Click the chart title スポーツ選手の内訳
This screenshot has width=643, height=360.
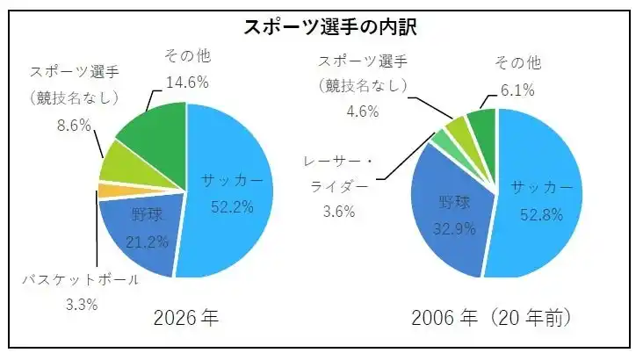329,26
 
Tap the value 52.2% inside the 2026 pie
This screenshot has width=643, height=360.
232,206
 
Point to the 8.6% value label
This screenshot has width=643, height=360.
74,125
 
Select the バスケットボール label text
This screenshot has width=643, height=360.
81,280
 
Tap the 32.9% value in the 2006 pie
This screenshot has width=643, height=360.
455,229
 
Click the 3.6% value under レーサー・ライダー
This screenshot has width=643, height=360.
338,211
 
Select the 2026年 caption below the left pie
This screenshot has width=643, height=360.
185,318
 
